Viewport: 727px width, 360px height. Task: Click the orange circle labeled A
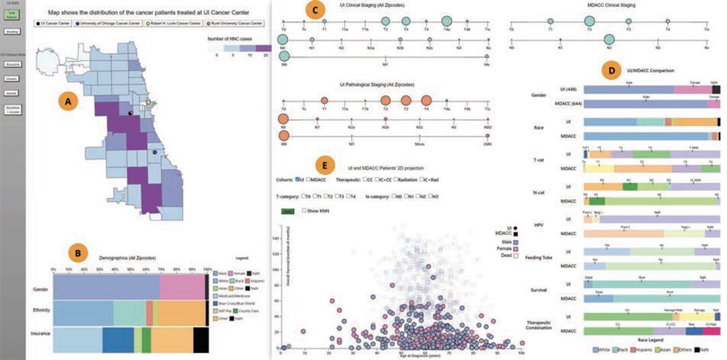tap(65, 102)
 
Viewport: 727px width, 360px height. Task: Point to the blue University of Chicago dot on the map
tap(155, 153)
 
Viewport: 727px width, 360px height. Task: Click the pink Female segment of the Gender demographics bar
tap(182, 288)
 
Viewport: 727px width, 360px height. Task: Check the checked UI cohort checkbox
tap(298, 180)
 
